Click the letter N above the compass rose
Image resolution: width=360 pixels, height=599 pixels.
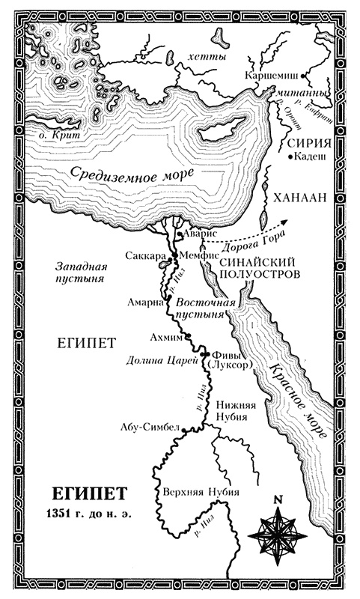coord(278,499)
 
